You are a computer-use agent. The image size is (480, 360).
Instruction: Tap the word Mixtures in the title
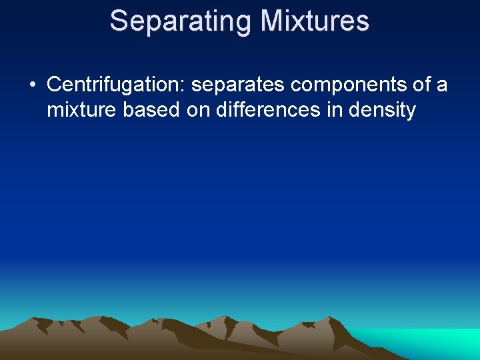(315, 21)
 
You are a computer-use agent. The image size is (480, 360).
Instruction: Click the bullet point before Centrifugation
(32, 86)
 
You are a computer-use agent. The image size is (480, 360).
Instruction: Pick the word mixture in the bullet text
(82, 109)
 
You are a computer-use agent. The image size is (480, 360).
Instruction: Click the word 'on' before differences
(198, 109)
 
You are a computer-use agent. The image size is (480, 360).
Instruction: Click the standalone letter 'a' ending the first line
(441, 85)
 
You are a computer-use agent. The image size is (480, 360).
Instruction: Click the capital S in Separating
(118, 21)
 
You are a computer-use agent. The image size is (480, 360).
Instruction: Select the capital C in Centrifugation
(54, 85)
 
